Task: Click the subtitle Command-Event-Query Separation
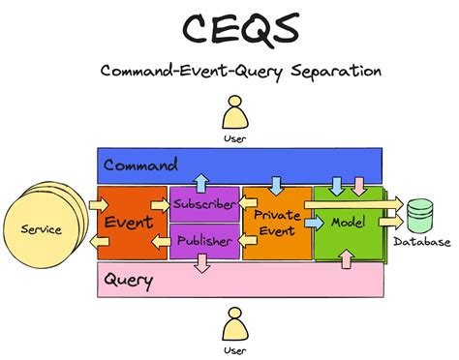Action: point(229,71)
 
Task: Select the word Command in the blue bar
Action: point(140,165)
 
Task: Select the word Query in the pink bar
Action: point(129,282)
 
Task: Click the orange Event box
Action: point(129,223)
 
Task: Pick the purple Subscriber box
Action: point(203,204)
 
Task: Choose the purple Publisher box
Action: point(203,241)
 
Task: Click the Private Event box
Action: point(276,224)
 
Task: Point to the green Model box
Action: point(347,223)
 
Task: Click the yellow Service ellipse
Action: point(41,229)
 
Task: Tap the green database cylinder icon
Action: point(419,214)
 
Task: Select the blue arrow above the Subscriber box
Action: point(199,183)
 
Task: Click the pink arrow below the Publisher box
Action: point(199,263)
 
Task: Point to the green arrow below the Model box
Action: point(345,259)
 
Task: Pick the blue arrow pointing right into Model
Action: point(314,222)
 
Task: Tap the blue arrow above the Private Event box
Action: point(277,184)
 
